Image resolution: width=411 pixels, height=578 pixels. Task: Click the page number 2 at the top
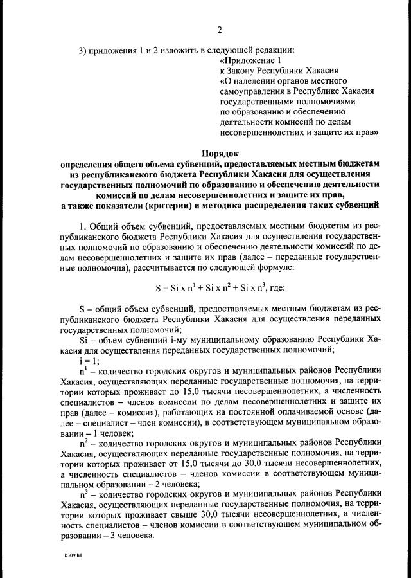220,29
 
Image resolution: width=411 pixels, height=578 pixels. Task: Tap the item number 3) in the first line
83,51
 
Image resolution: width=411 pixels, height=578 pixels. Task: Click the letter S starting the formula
158,289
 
